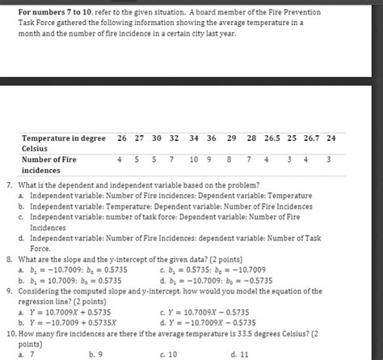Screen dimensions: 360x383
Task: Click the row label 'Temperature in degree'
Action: pyautogui.click(x=64, y=138)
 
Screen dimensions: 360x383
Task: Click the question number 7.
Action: pyautogui.click(x=8, y=185)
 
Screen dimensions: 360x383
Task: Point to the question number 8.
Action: pyautogui.click(x=8, y=260)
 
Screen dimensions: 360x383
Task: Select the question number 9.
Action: pyautogui.click(x=8, y=290)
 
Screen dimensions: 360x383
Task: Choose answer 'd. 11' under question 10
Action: pyautogui.click(x=239, y=354)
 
